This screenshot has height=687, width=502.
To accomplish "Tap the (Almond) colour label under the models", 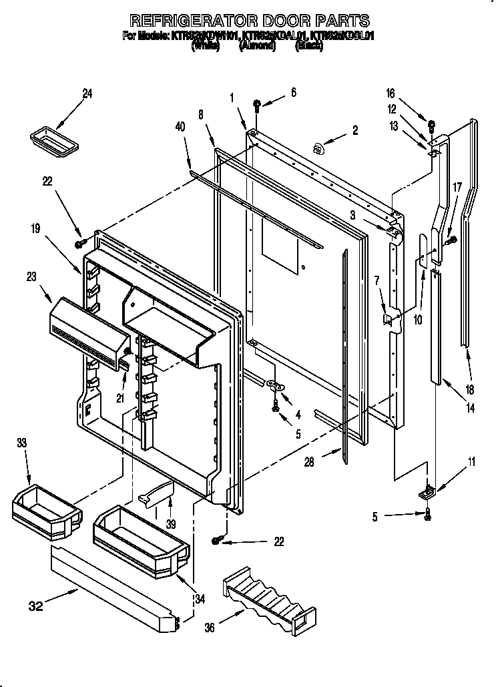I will click(257, 46).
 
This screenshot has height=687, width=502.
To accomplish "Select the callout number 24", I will click(87, 93).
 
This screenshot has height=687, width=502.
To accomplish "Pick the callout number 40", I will click(180, 126).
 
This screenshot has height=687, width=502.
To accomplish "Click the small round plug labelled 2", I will click(319, 151).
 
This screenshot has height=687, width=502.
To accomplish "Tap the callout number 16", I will click(409, 93).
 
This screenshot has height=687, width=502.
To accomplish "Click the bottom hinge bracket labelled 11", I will click(425, 493).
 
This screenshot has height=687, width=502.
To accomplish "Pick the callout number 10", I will click(418, 319).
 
